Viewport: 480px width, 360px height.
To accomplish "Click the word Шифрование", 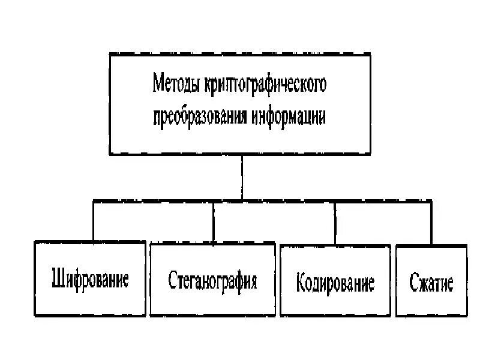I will click(90, 280).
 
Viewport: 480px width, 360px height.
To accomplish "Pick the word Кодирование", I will click(335, 282).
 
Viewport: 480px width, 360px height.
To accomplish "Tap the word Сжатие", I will click(431, 282).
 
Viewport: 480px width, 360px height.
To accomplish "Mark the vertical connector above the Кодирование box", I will click(335, 222).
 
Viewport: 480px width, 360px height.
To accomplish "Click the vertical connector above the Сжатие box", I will click(431, 222).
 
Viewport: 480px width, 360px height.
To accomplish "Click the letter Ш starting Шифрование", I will click(58, 280).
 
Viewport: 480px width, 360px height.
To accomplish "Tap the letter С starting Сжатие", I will click(413, 282).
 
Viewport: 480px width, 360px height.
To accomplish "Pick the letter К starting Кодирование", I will click(301, 282).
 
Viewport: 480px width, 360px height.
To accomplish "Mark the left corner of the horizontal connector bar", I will click(93, 202).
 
